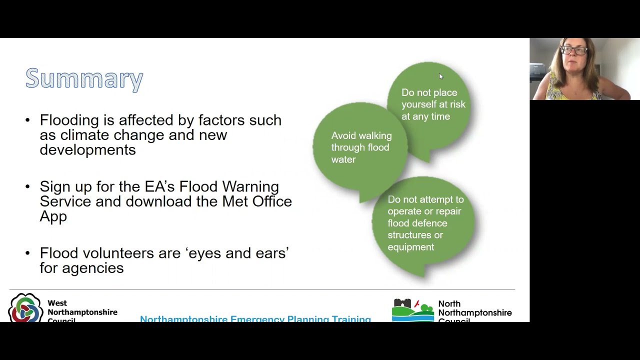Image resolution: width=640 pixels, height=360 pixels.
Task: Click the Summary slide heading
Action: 84,78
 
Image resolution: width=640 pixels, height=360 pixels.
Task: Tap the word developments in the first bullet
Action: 87,150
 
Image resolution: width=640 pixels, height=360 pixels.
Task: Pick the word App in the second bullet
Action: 53,216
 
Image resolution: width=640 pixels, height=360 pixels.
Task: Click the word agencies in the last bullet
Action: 92,268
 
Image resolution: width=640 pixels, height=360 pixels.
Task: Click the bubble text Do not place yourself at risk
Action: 433,104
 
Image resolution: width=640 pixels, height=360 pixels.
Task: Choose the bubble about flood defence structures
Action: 425,223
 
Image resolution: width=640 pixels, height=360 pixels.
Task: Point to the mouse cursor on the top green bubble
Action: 440,76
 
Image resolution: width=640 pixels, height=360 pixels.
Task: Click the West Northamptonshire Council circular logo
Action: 25,308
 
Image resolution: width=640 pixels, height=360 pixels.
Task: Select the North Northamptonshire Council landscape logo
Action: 413,310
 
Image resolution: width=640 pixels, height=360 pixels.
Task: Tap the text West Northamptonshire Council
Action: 82,311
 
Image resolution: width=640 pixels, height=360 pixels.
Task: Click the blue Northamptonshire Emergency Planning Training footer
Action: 255,318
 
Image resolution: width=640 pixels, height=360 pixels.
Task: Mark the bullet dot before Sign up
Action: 27,187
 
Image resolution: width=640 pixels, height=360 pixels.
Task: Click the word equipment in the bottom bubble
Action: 410,247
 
